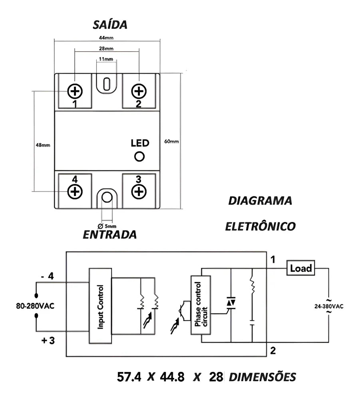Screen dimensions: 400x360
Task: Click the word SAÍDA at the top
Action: [x=110, y=25]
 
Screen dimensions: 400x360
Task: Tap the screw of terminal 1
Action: [x=75, y=91]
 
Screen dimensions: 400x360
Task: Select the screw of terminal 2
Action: [x=139, y=91]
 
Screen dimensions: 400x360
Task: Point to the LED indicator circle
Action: [x=139, y=156]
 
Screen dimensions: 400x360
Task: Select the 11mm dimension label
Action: [x=106, y=59]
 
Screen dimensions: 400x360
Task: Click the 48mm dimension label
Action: [x=43, y=145]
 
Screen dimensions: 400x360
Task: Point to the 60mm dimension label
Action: [x=171, y=141]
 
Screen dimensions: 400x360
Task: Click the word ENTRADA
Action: [x=109, y=234]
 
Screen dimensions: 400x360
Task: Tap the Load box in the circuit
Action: [x=300, y=268]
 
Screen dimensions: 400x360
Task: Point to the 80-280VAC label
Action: [x=35, y=306]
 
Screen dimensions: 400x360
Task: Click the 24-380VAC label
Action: [x=328, y=306]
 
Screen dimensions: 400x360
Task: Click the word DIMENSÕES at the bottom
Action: [x=263, y=377]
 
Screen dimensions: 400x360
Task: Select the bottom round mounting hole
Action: [x=107, y=197]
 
